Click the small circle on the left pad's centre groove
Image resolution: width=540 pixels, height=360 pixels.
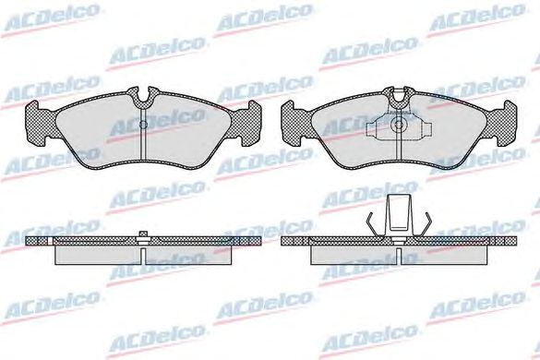[143, 125]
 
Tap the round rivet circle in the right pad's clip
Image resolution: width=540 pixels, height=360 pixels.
[399, 125]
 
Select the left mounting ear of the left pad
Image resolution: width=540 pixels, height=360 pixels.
[41, 123]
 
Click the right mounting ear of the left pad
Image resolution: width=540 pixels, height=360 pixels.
[246, 123]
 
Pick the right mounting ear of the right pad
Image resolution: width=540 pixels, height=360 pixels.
[501, 123]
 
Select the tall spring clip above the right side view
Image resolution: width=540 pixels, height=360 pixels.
[399, 215]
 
